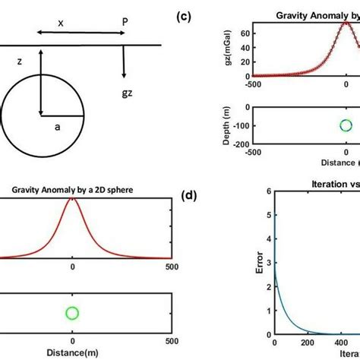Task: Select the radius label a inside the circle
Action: pyautogui.click(x=57, y=128)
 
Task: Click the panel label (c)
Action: pyautogui.click(x=185, y=15)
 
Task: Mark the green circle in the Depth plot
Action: pyautogui.click(x=346, y=126)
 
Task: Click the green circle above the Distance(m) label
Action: pyautogui.click(x=72, y=313)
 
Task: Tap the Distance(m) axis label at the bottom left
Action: pyautogui.click(x=72, y=352)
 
